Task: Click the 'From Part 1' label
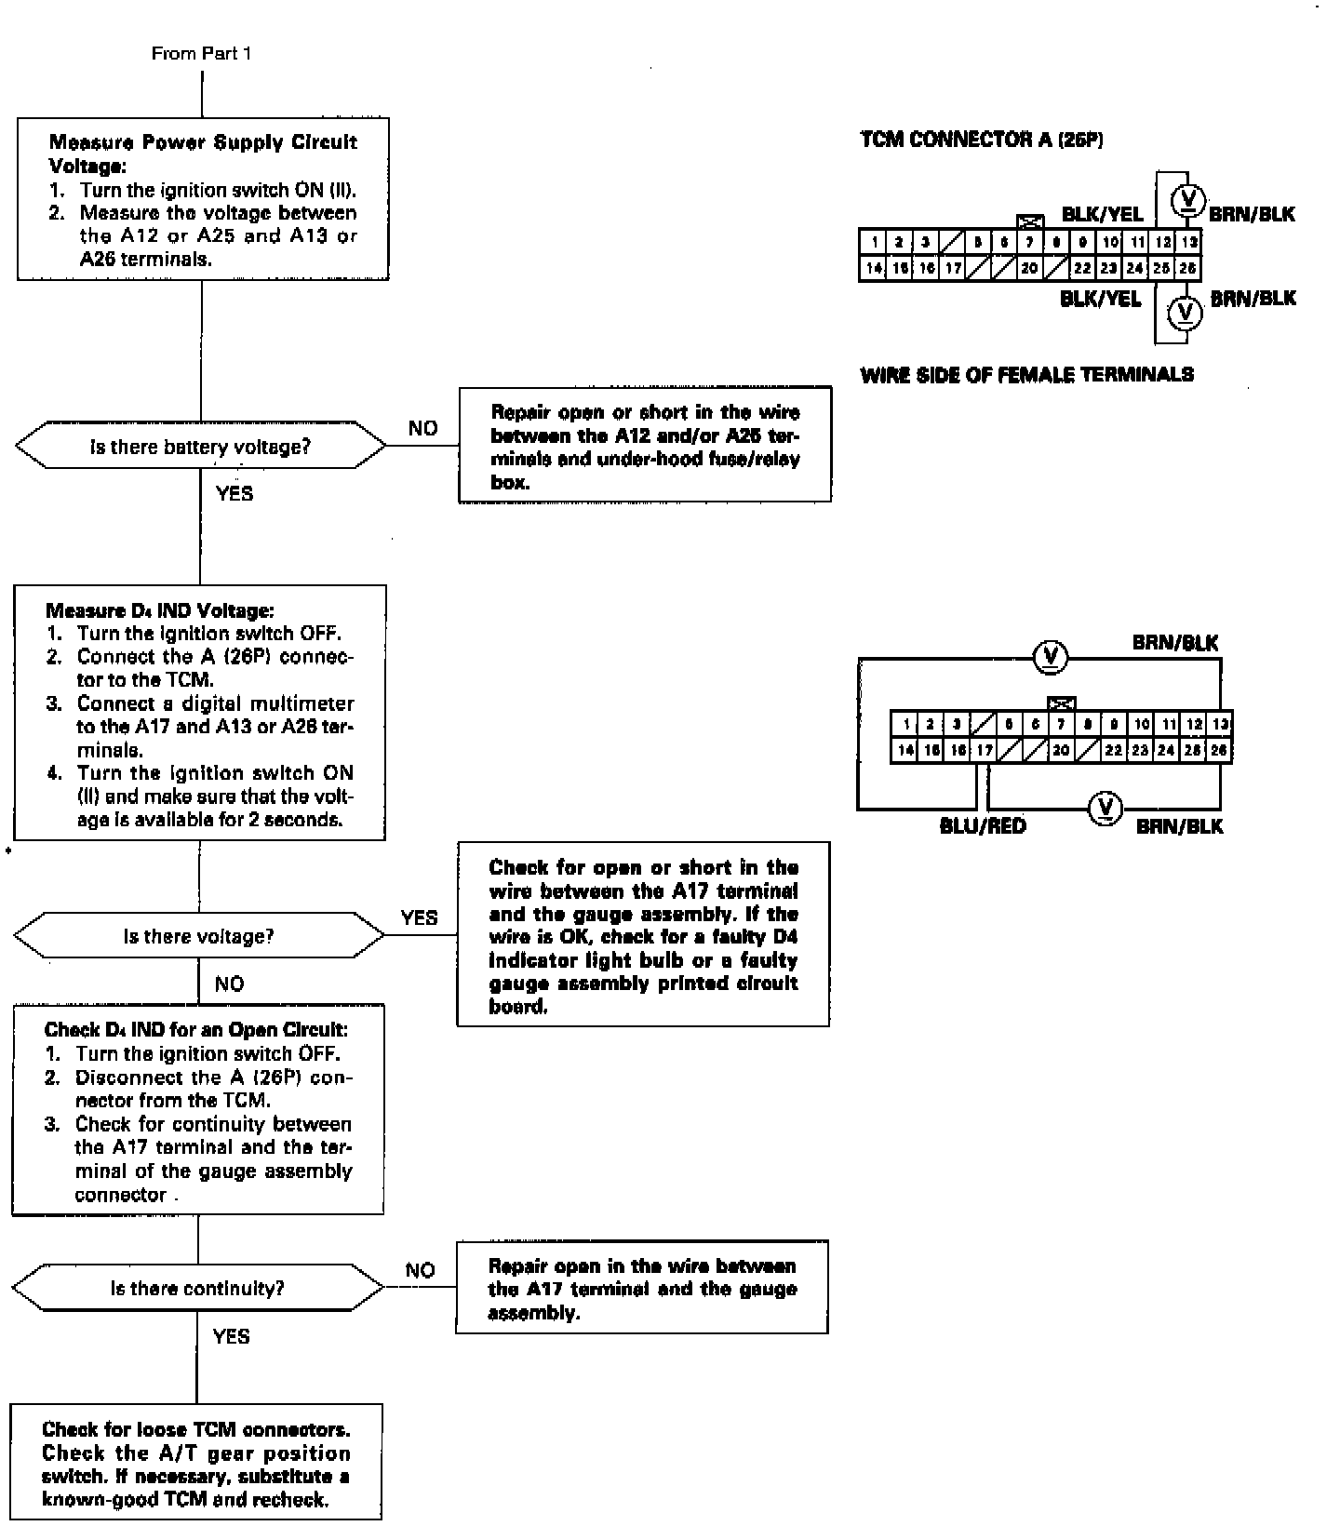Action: click(x=201, y=54)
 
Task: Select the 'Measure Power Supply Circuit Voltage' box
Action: click(x=203, y=199)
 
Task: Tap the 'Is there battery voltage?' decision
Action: click(x=200, y=448)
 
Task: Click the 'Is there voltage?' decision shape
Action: click(x=199, y=936)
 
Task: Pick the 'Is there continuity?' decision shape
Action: click(x=197, y=1289)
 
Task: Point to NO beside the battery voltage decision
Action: click(x=422, y=429)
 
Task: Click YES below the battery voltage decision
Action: click(x=234, y=494)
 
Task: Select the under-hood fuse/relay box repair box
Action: click(x=645, y=446)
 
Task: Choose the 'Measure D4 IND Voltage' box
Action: click(x=199, y=713)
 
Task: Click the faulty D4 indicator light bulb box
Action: click(x=643, y=935)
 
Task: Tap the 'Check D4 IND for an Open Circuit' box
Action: click(x=197, y=1110)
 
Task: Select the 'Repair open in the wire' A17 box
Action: click(x=642, y=1288)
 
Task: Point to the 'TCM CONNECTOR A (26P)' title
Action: click(x=982, y=141)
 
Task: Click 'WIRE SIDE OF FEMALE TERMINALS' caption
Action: click(x=1027, y=375)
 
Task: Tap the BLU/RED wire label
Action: click(x=983, y=826)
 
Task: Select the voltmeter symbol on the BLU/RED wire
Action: click(x=1105, y=807)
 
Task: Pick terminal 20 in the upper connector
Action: click(x=1028, y=269)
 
